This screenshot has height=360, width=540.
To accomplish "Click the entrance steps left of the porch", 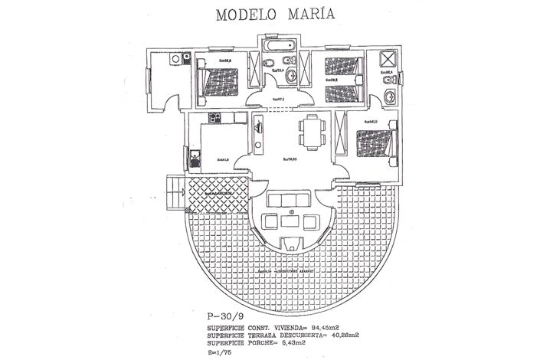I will click(175, 191).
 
